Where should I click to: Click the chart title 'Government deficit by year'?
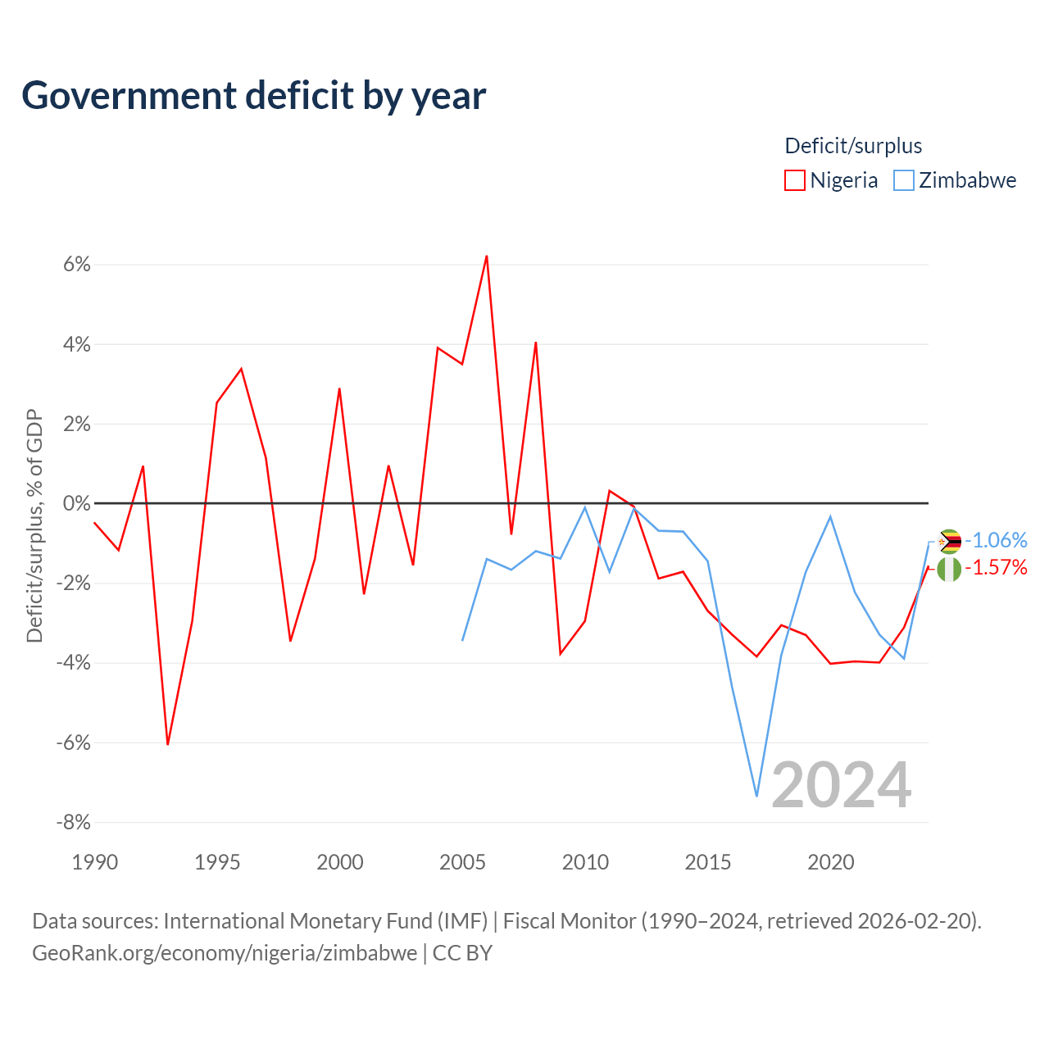[253, 96]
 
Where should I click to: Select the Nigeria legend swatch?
[794, 180]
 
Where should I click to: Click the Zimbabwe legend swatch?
[904, 180]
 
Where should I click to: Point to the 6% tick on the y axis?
[77, 265]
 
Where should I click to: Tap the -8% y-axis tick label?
[74, 822]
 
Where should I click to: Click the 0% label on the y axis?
[77, 503]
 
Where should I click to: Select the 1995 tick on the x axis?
[217, 862]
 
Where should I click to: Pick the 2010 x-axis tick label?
[585, 862]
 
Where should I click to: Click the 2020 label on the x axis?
[831, 862]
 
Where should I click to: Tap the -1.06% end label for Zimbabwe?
[997, 541]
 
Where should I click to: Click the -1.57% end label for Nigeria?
[997, 568]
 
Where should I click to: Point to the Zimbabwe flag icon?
[949, 542]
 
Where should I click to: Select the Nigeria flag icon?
[949, 570]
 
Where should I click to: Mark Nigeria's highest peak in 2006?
[486, 256]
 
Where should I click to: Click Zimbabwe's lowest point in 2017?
[756, 797]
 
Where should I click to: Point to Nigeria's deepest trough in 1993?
[168, 744]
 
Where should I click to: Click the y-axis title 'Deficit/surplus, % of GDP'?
[34, 525]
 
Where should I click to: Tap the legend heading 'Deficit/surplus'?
[853, 146]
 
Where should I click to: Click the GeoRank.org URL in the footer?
[225, 953]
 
